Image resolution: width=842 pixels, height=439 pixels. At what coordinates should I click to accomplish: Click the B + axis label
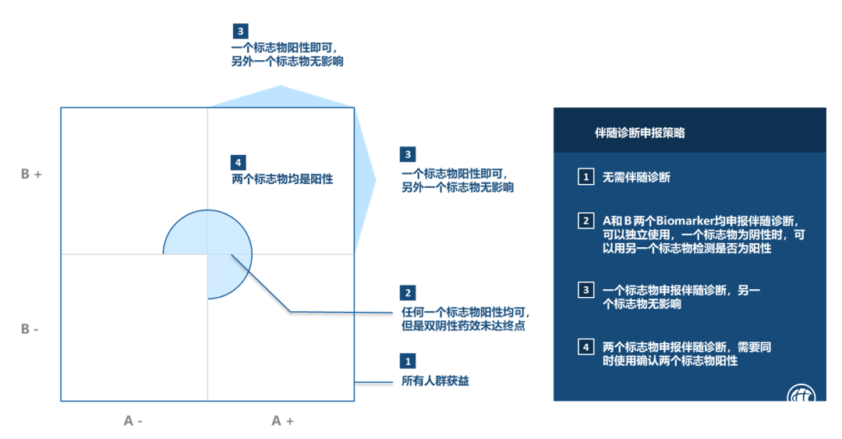coord(31,174)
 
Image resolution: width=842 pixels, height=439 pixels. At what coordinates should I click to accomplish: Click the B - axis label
coord(30,329)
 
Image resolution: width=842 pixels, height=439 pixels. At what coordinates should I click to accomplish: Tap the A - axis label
coord(133,421)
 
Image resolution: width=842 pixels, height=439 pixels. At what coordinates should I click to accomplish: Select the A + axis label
coord(282,421)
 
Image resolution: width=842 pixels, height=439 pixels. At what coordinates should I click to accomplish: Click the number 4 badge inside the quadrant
coord(239,162)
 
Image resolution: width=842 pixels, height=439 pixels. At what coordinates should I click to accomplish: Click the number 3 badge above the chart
coord(241,31)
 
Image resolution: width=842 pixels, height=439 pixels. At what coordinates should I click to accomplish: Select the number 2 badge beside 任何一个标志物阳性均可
coord(408,293)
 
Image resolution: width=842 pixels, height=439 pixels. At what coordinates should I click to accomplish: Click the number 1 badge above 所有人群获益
coord(408,362)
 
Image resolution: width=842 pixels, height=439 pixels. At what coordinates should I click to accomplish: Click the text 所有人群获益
coord(435,381)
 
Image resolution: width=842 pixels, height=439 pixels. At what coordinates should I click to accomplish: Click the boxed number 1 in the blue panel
coord(586,177)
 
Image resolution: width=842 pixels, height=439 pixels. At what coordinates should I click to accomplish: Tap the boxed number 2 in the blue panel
coord(586,221)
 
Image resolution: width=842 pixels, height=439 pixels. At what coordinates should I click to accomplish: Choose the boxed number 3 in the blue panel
coord(586,290)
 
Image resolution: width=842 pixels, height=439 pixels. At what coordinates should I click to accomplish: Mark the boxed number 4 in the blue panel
coord(586,348)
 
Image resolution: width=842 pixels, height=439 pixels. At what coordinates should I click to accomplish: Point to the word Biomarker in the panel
coord(689,221)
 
